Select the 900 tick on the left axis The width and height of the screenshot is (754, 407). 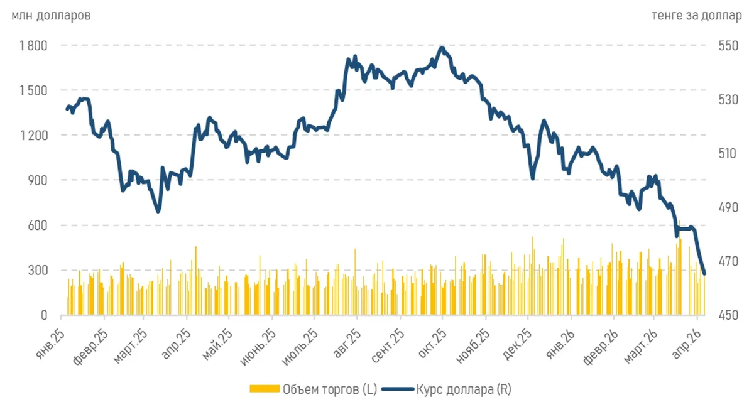[x=38, y=180]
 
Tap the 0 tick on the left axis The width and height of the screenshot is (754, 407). [x=44, y=315]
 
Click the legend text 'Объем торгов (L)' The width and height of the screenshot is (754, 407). [x=330, y=389]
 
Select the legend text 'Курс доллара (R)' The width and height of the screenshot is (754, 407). [x=464, y=389]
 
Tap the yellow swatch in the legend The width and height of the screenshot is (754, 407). [x=265, y=389]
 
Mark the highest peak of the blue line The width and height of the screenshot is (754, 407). [x=442, y=48]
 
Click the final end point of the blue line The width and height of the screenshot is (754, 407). [x=704, y=274]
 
